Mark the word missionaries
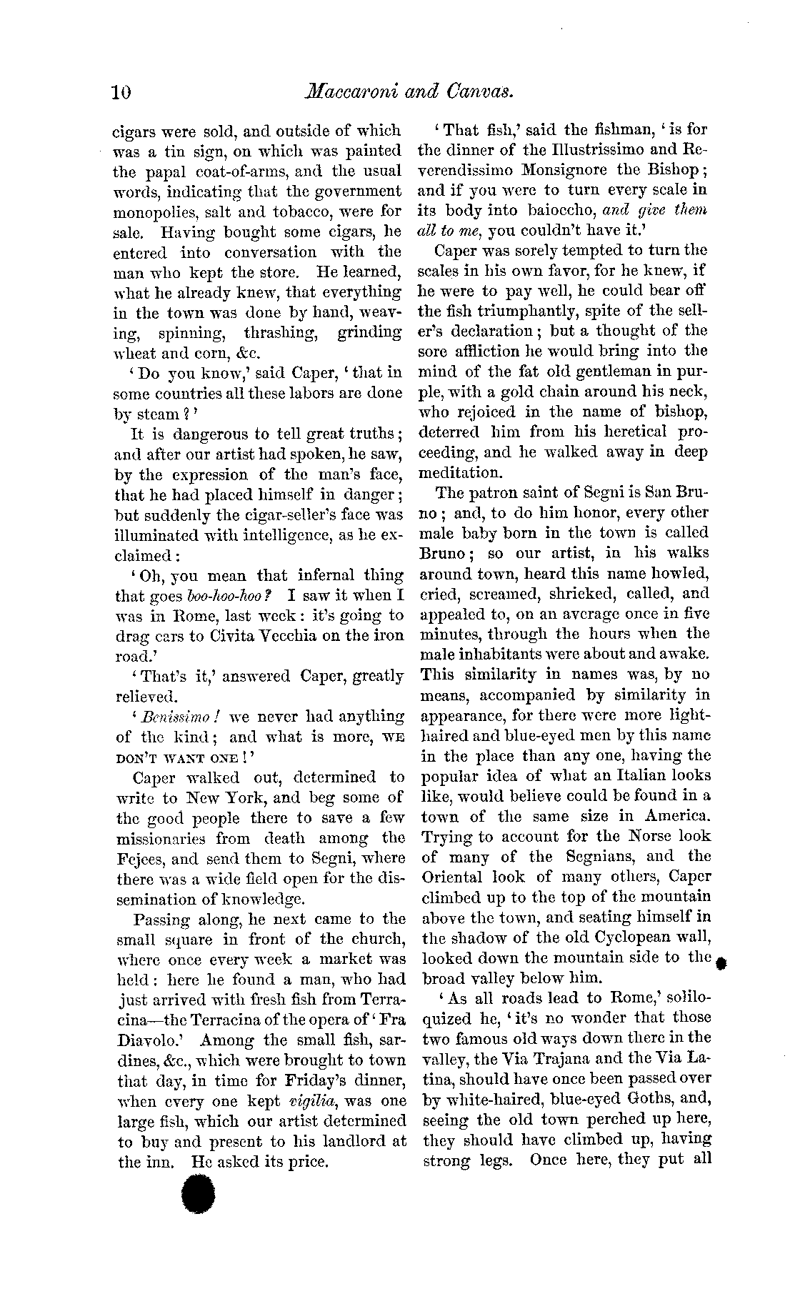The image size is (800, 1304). coord(161,839)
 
